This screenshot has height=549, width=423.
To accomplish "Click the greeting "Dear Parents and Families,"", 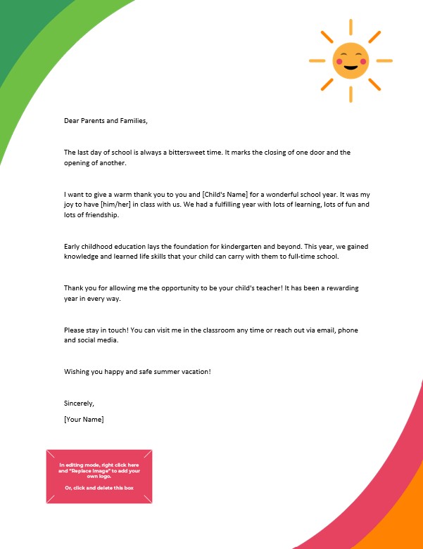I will tap(106, 120).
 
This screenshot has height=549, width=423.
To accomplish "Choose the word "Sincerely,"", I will tap(79, 403).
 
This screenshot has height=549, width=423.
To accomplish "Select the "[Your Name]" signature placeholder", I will tap(84, 419).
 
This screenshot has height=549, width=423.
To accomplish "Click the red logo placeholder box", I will tap(99, 476).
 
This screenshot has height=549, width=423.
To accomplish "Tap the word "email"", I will tap(324, 330).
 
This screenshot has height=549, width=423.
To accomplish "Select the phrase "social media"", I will tap(99, 340).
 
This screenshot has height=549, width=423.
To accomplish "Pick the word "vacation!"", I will tap(194, 371).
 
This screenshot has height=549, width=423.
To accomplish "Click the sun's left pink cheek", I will tap(339, 63).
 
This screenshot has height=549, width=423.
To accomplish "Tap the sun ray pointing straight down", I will tap(351, 93).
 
